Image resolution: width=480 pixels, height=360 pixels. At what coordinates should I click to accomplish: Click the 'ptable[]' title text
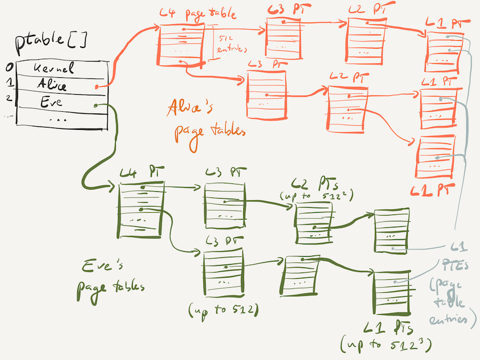click(53, 42)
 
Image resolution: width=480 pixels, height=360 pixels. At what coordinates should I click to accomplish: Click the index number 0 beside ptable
click(8, 68)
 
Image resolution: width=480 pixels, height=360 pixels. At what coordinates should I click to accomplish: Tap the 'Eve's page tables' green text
click(110, 276)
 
